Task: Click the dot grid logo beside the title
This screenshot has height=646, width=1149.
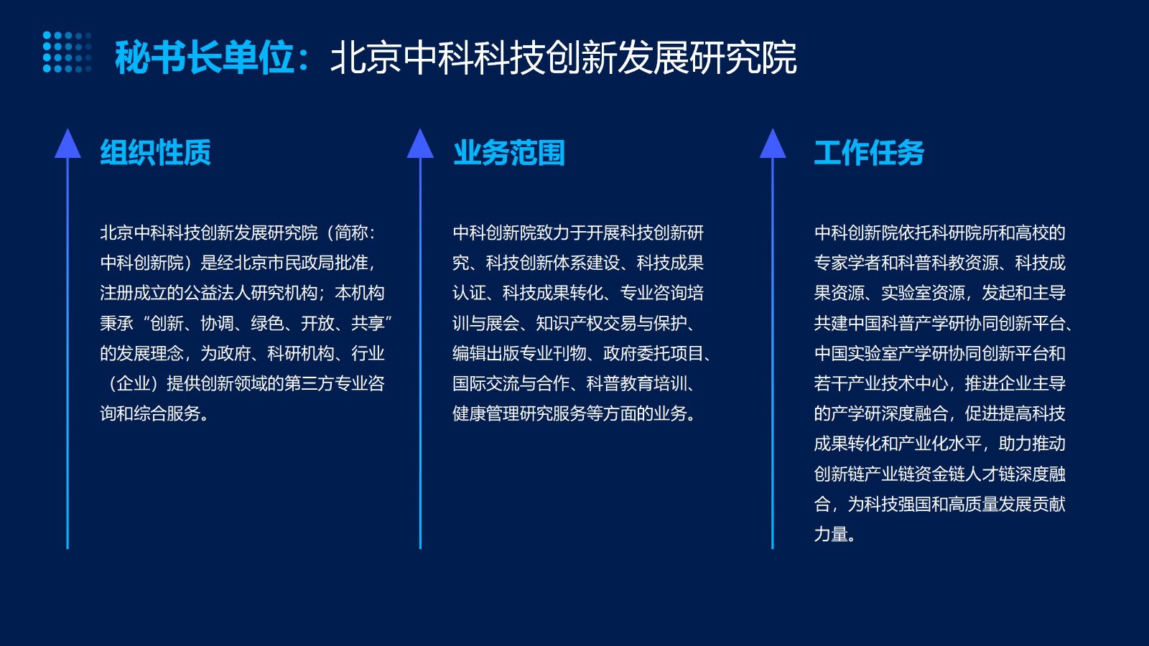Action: [68, 52]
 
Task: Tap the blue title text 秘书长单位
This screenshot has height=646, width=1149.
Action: [205, 57]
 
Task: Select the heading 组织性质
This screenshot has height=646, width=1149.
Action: [155, 152]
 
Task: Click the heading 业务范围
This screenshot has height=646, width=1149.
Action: [509, 152]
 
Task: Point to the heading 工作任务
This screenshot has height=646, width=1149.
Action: [870, 152]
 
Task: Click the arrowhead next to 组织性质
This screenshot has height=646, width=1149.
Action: [68, 143]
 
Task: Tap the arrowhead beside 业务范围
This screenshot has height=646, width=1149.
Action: [420, 143]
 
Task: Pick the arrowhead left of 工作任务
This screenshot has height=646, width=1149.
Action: [773, 143]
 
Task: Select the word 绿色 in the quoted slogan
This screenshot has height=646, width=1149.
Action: [266, 324]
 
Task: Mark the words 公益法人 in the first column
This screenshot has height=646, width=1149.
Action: [217, 294]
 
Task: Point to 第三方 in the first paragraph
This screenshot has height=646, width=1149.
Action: [309, 383]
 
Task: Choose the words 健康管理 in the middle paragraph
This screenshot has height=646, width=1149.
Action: [485, 413]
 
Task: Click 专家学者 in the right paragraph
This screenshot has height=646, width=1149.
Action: [847, 263]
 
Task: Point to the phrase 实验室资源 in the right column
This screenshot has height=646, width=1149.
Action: [923, 294]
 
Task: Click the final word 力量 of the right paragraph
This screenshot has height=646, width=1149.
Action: [830, 535]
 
